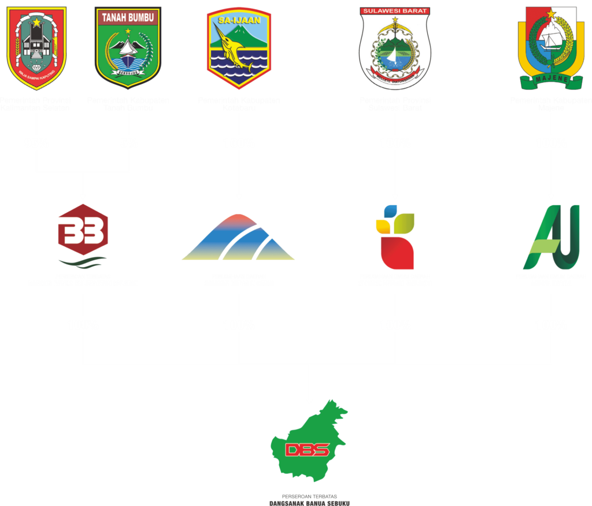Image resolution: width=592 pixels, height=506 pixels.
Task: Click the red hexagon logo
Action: (83, 230)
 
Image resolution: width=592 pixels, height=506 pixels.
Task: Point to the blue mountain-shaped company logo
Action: (238, 238)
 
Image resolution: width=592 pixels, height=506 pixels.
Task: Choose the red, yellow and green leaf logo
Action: (395, 237)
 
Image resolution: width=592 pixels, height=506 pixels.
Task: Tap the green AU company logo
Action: (551, 237)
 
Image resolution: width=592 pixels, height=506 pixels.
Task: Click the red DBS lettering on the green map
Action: (307, 450)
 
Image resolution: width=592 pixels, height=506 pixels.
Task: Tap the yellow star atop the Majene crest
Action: (551, 13)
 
